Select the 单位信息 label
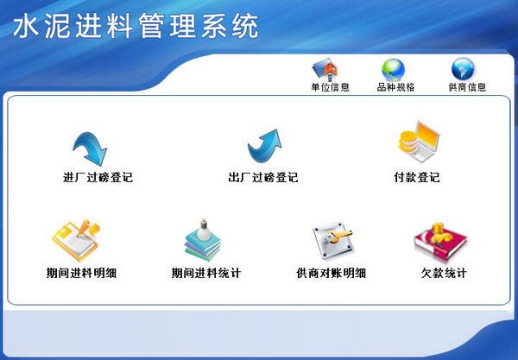[330, 87]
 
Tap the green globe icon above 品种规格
[394, 69]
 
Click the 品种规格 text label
[395, 87]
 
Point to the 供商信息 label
[467, 87]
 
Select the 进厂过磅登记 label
[98, 178]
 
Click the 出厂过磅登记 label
[262, 178]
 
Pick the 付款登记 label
[416, 178]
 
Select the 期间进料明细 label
[81, 273]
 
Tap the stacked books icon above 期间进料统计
[203, 240]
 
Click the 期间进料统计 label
[205, 273]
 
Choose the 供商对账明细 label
[331, 273]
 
